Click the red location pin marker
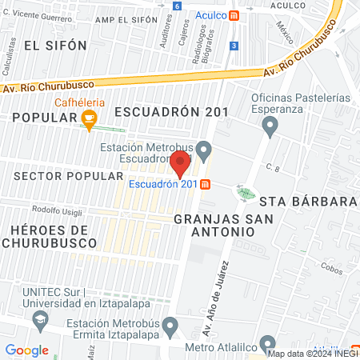180,162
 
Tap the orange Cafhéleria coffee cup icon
89,120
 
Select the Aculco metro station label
210,15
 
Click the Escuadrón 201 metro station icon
206,185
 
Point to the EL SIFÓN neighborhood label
55,46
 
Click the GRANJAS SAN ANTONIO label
214,224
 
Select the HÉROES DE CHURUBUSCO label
50,237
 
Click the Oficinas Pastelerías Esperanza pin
270,124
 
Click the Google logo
27,350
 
